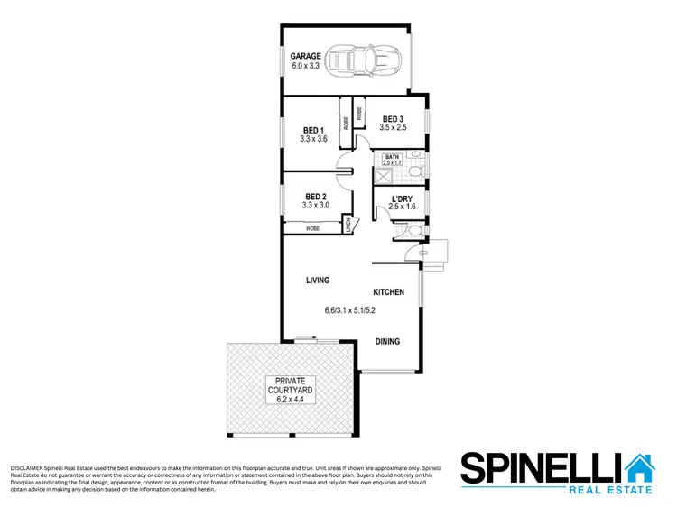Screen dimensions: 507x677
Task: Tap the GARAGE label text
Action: [305, 56]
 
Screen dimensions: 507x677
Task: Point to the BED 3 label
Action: [393, 119]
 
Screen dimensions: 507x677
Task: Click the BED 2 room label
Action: [315, 197]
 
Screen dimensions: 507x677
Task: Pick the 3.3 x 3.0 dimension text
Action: [315, 206]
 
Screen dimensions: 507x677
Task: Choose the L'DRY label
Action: [402, 198]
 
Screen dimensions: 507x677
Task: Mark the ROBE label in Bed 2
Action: [312, 229]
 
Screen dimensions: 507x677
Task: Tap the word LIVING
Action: [316, 281]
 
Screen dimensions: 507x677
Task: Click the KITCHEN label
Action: [389, 292]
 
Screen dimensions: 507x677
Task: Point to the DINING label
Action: [387, 341]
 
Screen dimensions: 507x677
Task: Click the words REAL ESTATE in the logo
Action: [610, 490]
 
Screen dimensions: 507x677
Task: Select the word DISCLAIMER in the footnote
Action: [27, 469]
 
